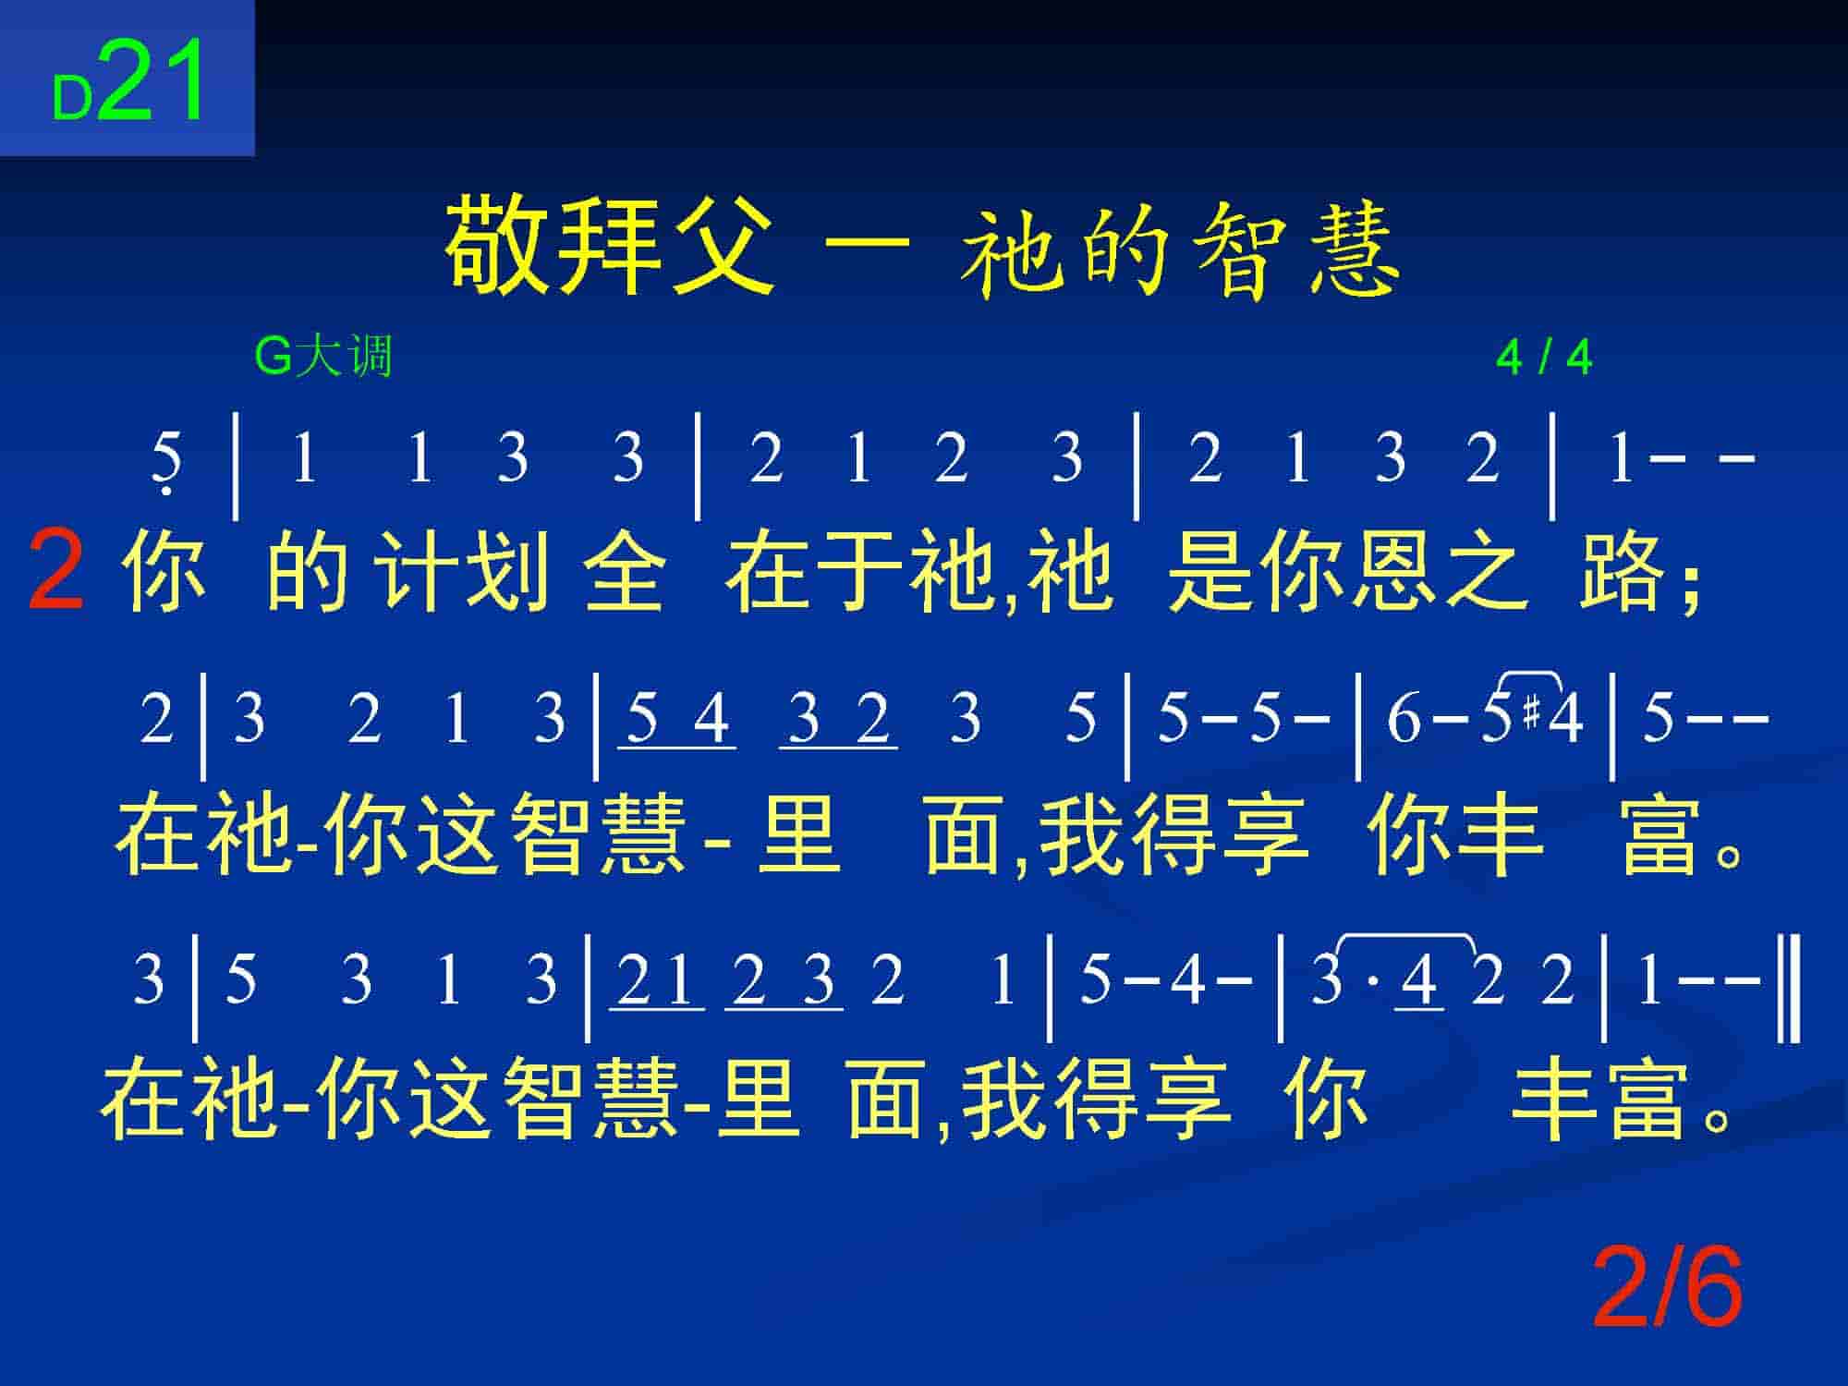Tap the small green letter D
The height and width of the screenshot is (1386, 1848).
pos(72,97)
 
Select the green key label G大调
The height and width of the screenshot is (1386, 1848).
pos(323,357)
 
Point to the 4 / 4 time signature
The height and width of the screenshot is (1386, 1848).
pos(1544,358)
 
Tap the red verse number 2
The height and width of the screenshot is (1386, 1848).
pos(56,570)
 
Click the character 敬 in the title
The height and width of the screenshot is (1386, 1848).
pos(497,245)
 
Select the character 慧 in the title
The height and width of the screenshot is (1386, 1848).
pos(1351,249)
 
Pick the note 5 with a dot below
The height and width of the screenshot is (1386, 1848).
pos(166,461)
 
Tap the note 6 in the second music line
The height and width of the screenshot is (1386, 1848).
pos(1404,718)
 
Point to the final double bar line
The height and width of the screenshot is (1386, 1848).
pos(1793,988)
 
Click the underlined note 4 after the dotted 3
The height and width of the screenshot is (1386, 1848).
pos(1419,980)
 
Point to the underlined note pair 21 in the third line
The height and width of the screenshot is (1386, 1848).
pos(657,980)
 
